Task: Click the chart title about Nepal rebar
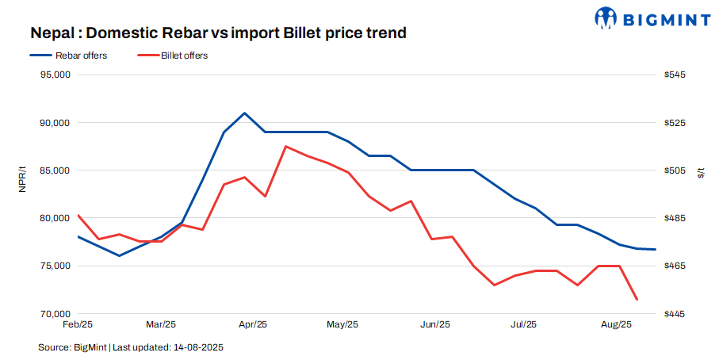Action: pos(218,33)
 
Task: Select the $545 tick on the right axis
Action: pos(675,75)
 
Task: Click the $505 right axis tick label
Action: pos(675,170)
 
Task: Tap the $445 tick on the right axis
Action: pos(675,314)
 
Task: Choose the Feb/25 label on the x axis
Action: pos(78,324)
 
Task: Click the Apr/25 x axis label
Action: pos(252,324)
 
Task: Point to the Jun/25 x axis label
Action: pos(434,324)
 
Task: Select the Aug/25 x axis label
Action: pos(616,324)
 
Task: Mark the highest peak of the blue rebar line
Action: pos(244,113)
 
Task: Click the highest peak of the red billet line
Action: pos(285,147)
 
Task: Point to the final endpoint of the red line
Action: pos(637,300)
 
